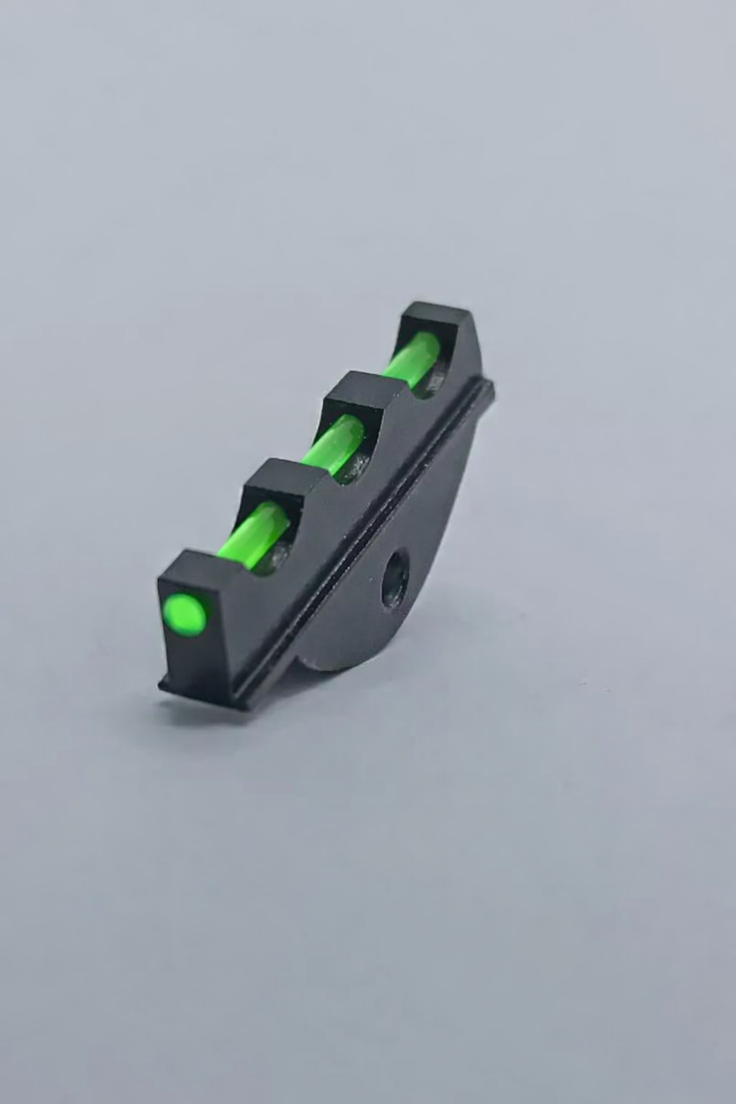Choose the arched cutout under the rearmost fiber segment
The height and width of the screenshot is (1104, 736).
click(x=435, y=381)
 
